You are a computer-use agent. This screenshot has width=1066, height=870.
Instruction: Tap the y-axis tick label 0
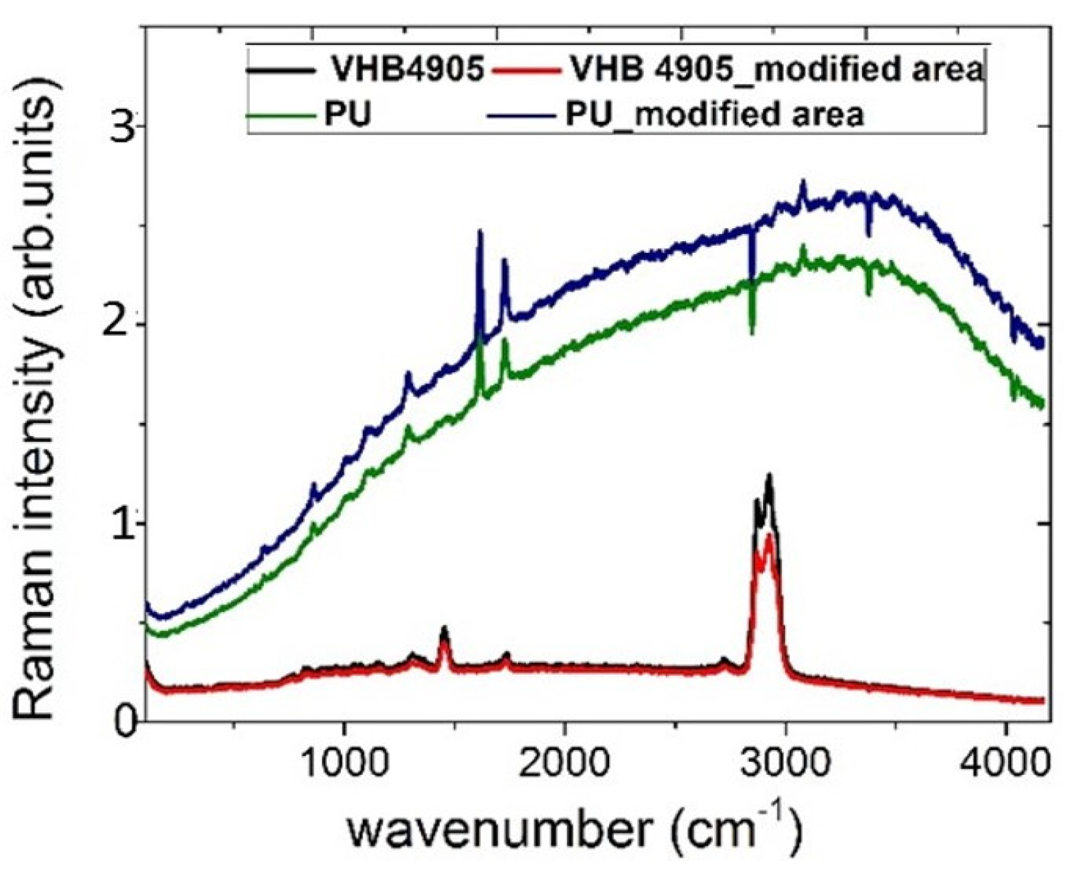pyautogui.click(x=122, y=721)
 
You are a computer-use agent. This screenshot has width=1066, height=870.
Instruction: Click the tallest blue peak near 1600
pyautogui.click(x=480, y=231)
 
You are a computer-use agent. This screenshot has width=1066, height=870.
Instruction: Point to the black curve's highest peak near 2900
pyautogui.click(x=770, y=476)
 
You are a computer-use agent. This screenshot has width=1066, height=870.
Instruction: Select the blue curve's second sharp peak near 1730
pyautogui.click(x=504, y=261)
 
